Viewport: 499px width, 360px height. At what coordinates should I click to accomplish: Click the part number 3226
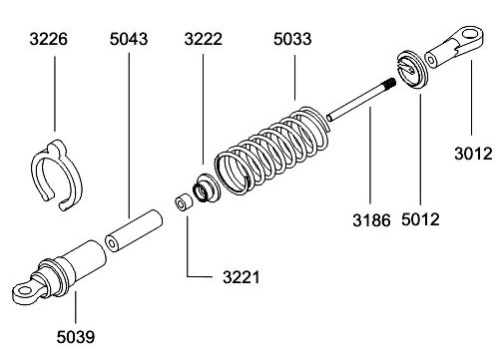click(x=49, y=39)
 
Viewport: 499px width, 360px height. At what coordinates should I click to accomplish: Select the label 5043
click(x=129, y=39)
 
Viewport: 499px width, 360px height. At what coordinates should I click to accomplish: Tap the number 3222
click(x=204, y=39)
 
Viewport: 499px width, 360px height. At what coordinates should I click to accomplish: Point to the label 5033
click(x=292, y=39)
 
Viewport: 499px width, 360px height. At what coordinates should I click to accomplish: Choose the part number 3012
click(x=473, y=154)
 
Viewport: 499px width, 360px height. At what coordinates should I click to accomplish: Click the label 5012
click(x=420, y=219)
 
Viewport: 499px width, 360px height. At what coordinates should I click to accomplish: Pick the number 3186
click(x=371, y=220)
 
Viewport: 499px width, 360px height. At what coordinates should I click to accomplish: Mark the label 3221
click(x=242, y=277)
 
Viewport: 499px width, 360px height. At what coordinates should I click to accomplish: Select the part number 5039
click(x=76, y=337)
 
